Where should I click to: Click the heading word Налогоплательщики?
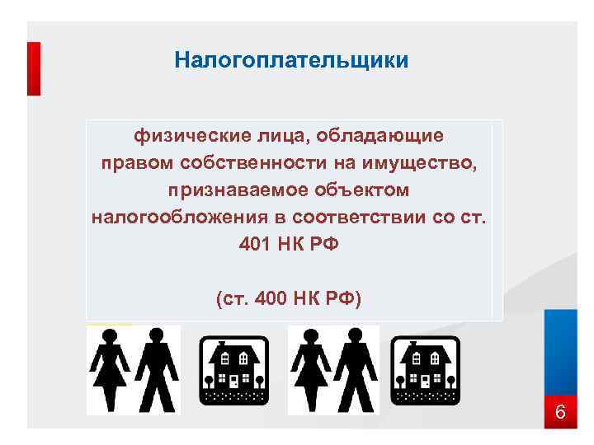click(x=291, y=60)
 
